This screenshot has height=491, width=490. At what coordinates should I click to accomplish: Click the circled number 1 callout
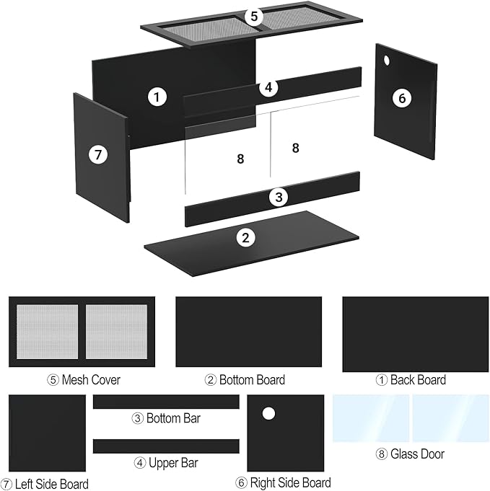(x=158, y=96)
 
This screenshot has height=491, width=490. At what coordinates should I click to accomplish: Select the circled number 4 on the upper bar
(x=268, y=88)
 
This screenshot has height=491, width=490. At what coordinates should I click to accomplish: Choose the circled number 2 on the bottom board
(x=246, y=237)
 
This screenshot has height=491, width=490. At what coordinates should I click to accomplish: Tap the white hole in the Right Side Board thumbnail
(x=268, y=414)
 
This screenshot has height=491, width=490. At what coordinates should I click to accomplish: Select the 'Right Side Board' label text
(x=284, y=483)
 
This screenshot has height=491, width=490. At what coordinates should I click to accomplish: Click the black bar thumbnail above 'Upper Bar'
(x=166, y=446)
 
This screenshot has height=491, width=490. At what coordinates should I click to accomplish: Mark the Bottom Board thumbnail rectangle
(x=249, y=332)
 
